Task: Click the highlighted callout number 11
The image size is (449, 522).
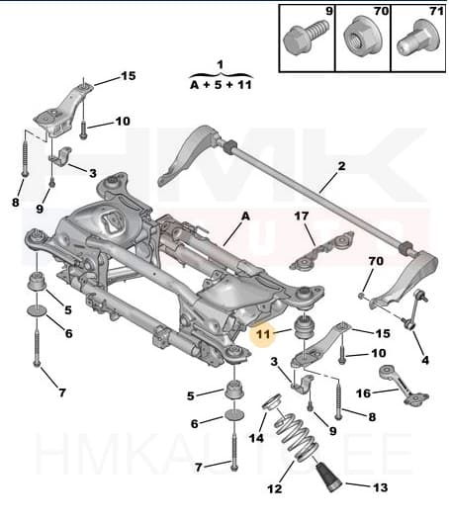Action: pyautogui.click(x=262, y=335)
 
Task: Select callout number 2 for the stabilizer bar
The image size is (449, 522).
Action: pyautogui.click(x=341, y=166)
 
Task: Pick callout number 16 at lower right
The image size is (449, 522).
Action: pyautogui.click(x=363, y=392)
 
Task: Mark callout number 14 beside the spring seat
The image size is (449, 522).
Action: pyautogui.click(x=256, y=438)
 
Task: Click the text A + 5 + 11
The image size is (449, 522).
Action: pyautogui.click(x=220, y=85)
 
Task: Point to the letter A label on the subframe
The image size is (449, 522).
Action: pyautogui.click(x=246, y=214)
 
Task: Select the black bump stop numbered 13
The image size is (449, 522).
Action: pyautogui.click(x=328, y=481)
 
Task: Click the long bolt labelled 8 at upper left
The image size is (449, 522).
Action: pyautogui.click(x=22, y=158)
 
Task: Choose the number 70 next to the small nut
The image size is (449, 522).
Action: pyautogui.click(x=375, y=261)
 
